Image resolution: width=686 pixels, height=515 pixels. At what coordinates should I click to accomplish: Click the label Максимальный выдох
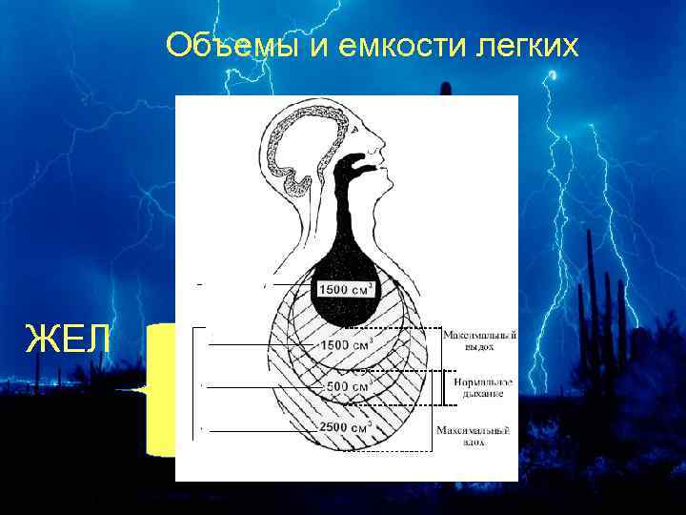(x=479, y=340)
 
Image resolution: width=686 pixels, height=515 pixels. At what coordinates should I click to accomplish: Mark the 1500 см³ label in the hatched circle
(x=346, y=344)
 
